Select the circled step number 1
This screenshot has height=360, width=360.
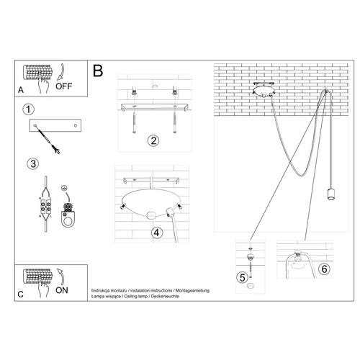click(28, 110)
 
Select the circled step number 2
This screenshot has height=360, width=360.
click(152, 140)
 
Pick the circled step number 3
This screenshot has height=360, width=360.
click(32, 163)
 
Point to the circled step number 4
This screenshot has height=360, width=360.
click(156, 233)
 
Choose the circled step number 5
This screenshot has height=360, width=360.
click(243, 276)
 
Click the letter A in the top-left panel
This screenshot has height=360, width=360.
click(21, 89)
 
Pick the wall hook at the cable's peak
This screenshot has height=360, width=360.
click(325, 92)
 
